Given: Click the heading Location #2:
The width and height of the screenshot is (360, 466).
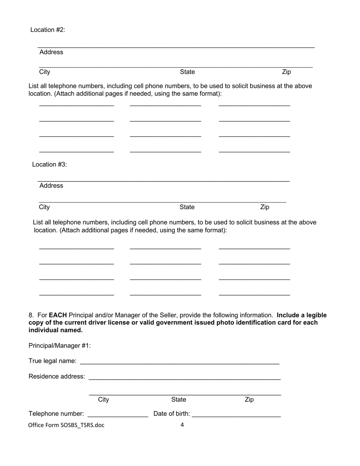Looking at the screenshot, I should [48, 30].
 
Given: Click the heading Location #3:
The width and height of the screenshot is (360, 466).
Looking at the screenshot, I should [49, 164].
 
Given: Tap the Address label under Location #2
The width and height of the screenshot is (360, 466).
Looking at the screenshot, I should [51, 52].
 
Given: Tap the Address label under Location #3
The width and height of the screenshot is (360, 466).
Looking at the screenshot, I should [51, 186].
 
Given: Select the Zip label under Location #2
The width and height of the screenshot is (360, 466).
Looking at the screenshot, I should [286, 72].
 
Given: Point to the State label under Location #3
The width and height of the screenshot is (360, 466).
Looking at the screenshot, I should [187, 207].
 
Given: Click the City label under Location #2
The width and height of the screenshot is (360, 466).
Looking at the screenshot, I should [44, 72].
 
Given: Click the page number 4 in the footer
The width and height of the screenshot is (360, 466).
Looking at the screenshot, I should [182, 425].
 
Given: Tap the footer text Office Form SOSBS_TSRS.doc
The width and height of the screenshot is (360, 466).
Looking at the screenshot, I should [66, 425].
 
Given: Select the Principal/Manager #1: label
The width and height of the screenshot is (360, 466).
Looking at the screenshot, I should [59, 346].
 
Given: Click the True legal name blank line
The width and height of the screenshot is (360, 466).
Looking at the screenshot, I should [180, 362].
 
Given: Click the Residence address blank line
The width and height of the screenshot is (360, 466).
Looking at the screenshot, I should [185, 377].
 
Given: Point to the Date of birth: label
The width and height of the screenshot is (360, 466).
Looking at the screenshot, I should [172, 414].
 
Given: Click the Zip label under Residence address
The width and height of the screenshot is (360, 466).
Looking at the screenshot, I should [249, 400].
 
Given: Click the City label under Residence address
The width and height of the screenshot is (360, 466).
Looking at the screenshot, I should [103, 400].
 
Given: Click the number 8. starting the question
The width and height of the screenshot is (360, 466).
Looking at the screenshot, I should [31, 315].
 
